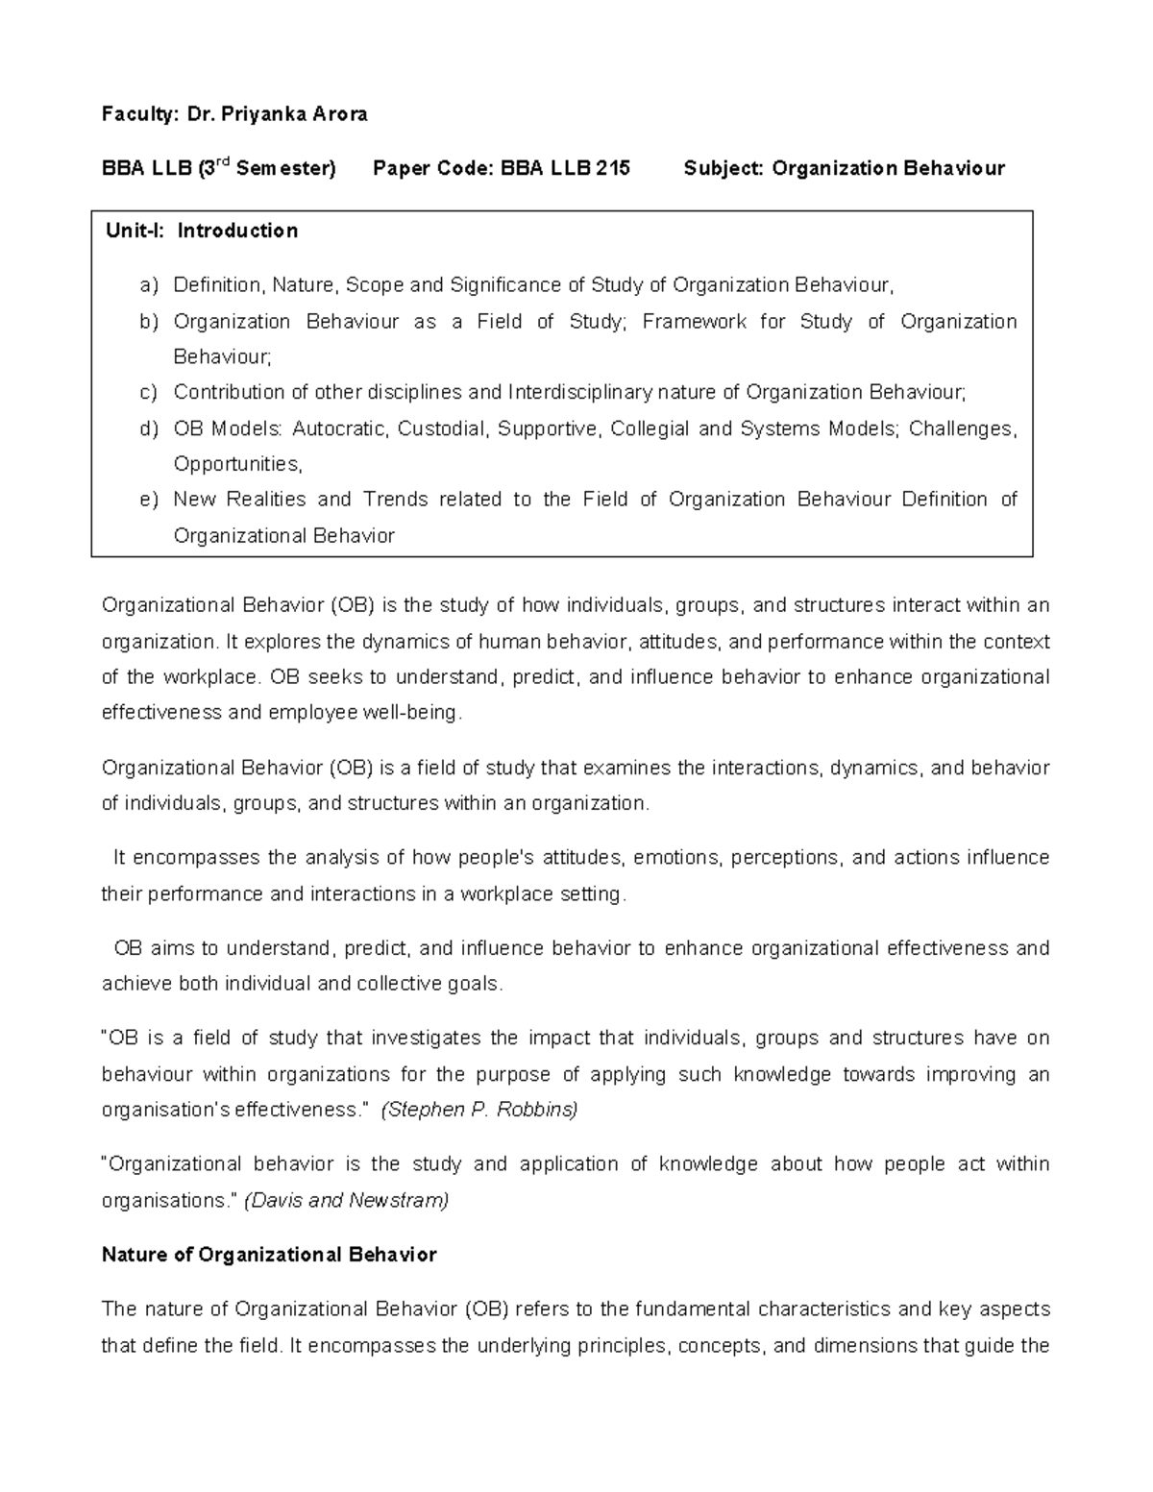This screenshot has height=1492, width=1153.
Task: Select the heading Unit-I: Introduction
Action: click(x=202, y=231)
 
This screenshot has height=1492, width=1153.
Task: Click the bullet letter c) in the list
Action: click(x=148, y=392)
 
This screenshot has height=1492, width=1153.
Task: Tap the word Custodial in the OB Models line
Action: click(x=443, y=428)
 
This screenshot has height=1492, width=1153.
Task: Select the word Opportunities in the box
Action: click(x=236, y=464)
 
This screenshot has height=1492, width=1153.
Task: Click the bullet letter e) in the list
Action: click(x=148, y=500)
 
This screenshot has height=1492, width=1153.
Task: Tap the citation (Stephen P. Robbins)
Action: click(x=479, y=1110)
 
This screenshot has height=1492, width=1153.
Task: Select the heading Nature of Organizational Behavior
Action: click(x=269, y=1255)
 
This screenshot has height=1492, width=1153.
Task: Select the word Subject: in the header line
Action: click(x=724, y=168)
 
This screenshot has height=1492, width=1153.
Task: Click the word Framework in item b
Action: click(x=695, y=321)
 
